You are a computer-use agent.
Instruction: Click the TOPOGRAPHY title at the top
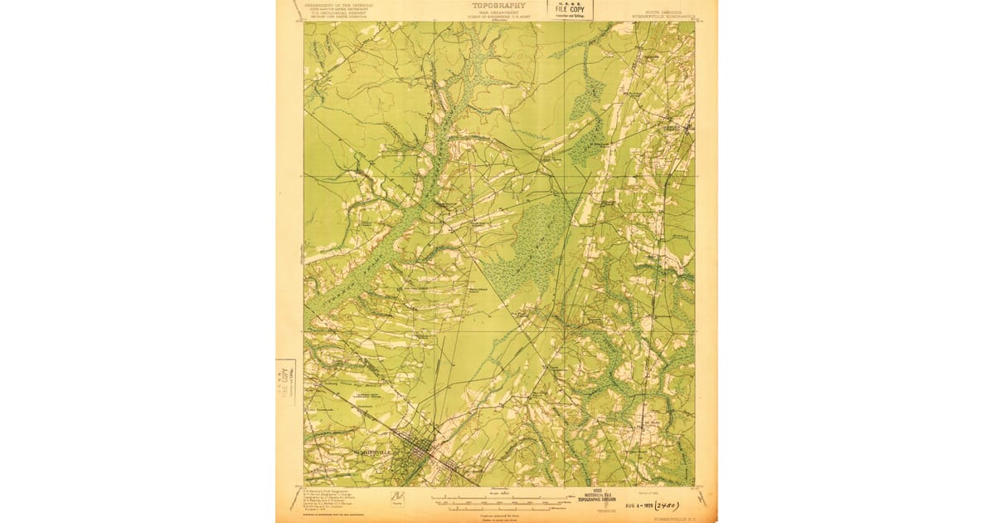(x=498, y=5)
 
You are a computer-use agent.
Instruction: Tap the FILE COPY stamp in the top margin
(x=569, y=9)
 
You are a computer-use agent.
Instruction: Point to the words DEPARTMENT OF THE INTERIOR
(x=338, y=5)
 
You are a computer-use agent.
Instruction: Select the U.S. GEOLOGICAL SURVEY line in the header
(x=338, y=13)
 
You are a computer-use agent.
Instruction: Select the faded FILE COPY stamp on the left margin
(x=286, y=383)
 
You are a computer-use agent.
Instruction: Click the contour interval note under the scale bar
(x=498, y=511)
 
